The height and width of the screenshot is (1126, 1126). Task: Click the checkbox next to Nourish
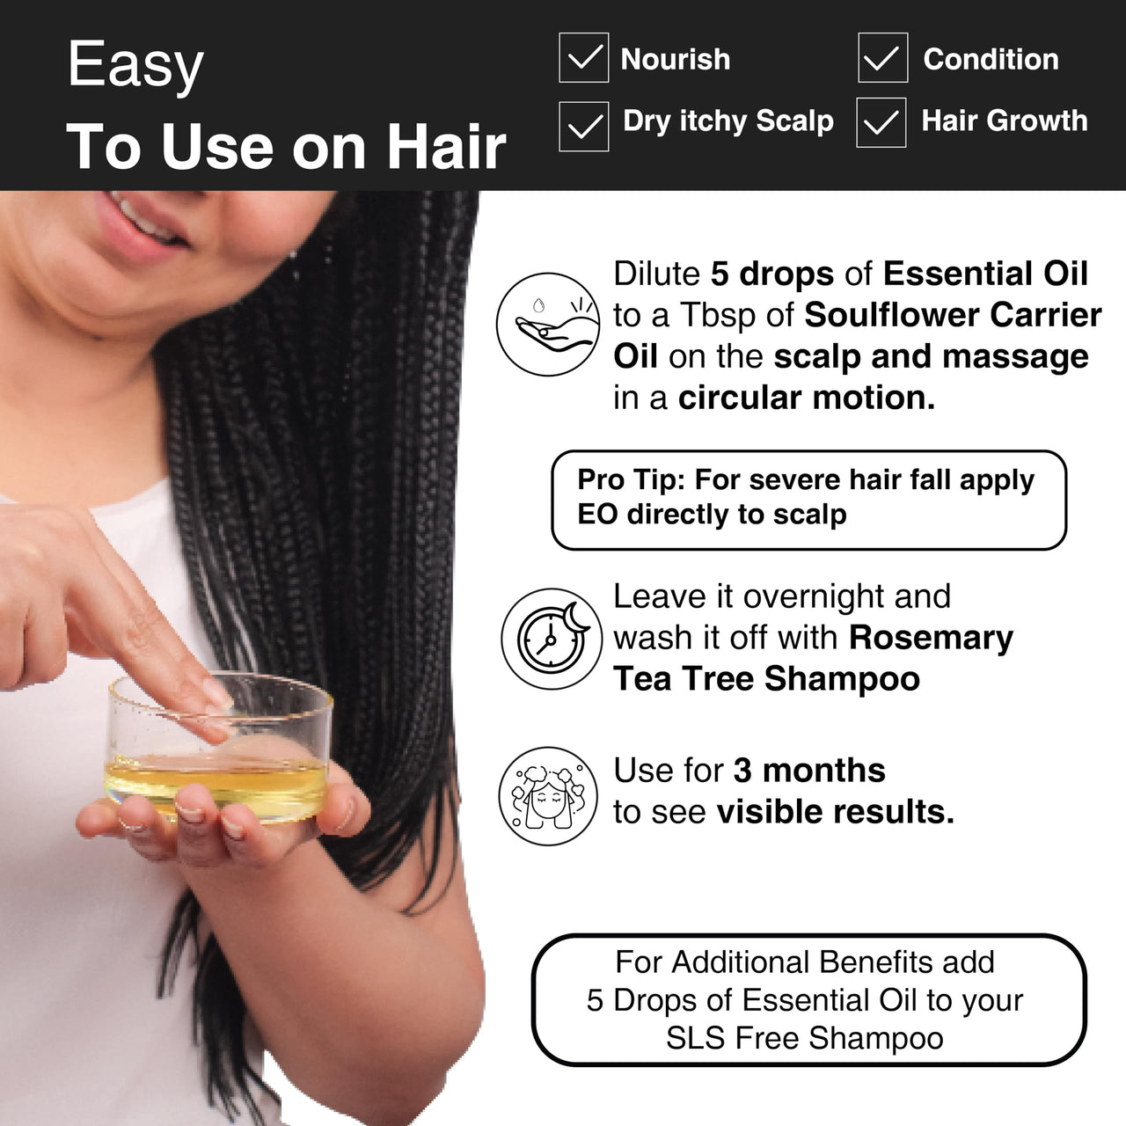click(583, 58)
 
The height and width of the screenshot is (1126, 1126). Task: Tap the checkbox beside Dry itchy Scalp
click(583, 126)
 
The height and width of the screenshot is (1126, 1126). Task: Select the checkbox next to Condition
click(882, 58)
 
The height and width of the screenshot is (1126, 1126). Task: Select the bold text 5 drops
click(771, 274)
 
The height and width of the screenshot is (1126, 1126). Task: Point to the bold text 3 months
click(808, 770)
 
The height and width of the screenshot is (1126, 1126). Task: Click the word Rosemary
click(931, 637)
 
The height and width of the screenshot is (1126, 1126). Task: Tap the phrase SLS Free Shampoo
click(804, 1038)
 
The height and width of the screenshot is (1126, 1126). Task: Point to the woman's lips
click(145, 224)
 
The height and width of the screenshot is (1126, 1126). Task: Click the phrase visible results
click(835, 811)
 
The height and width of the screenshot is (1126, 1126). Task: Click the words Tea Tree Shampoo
click(766, 678)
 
